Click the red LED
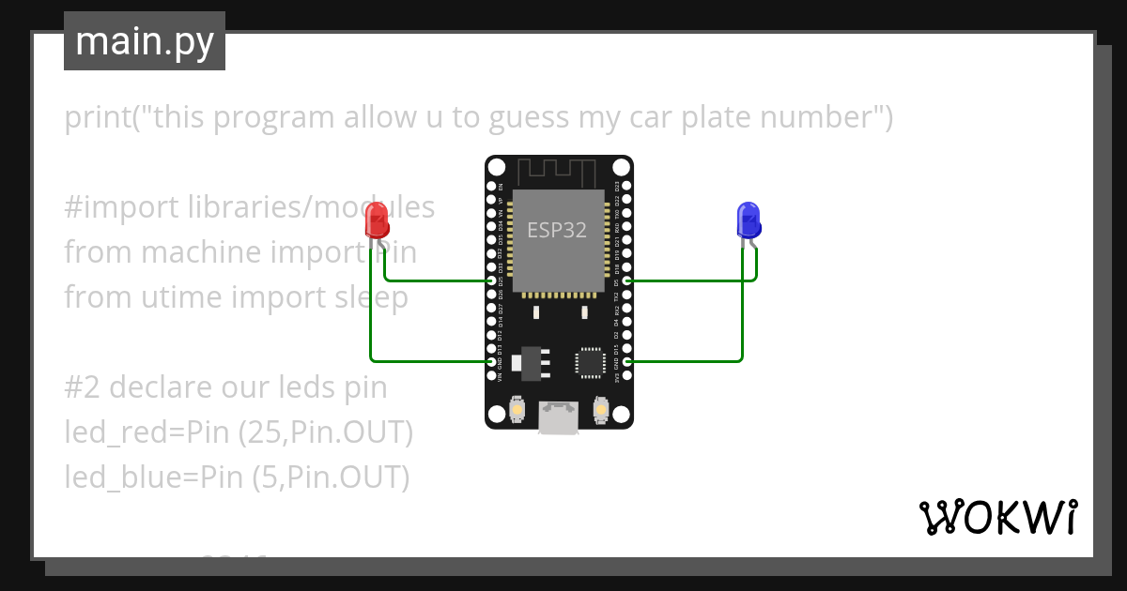[x=376, y=220]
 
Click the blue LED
[x=749, y=220]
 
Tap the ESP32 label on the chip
[x=557, y=230]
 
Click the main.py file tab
[x=145, y=41]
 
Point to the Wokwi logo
[x=997, y=516]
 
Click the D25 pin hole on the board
[x=491, y=280]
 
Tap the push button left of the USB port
[x=516, y=410]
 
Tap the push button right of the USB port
[x=602, y=410]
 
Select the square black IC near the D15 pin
[x=590, y=362]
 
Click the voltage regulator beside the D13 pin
[x=531, y=362]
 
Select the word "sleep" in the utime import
[x=371, y=297]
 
